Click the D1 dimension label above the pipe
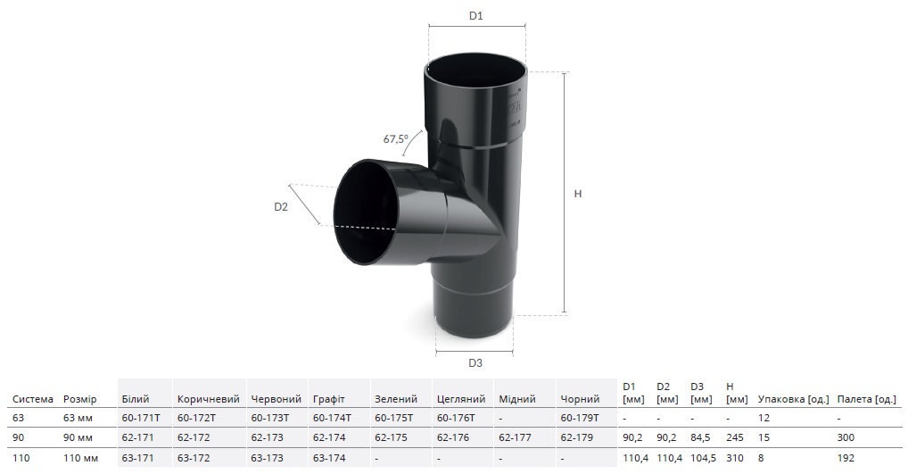pos(475,16)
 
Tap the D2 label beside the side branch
pos(281,206)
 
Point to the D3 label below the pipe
pos(475,363)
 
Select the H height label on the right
pos(577,194)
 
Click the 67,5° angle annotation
pos(395,139)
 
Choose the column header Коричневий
pos(209,399)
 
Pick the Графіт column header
pos(329,399)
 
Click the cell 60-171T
pos(141,418)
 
